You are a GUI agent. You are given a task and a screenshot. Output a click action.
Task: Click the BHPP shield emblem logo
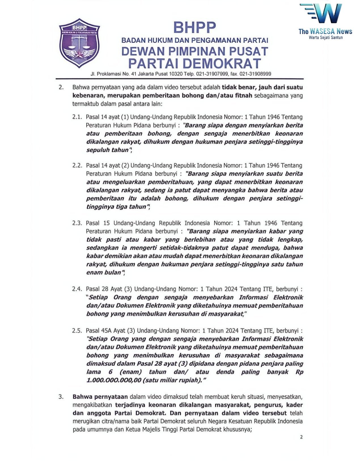[79, 43]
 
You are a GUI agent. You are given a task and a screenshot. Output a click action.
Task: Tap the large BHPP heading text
[194, 28]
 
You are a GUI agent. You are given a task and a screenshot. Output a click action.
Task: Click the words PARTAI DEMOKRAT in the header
[194, 63]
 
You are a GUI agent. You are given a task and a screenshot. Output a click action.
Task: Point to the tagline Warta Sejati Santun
[326, 37]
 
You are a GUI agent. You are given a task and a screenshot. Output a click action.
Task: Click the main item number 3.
[61, 397]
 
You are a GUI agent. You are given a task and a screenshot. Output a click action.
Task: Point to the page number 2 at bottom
[301, 437]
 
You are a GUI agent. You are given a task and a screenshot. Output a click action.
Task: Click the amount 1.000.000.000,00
[114, 380]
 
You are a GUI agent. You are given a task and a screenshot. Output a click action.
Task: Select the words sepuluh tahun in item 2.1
[107, 150]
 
